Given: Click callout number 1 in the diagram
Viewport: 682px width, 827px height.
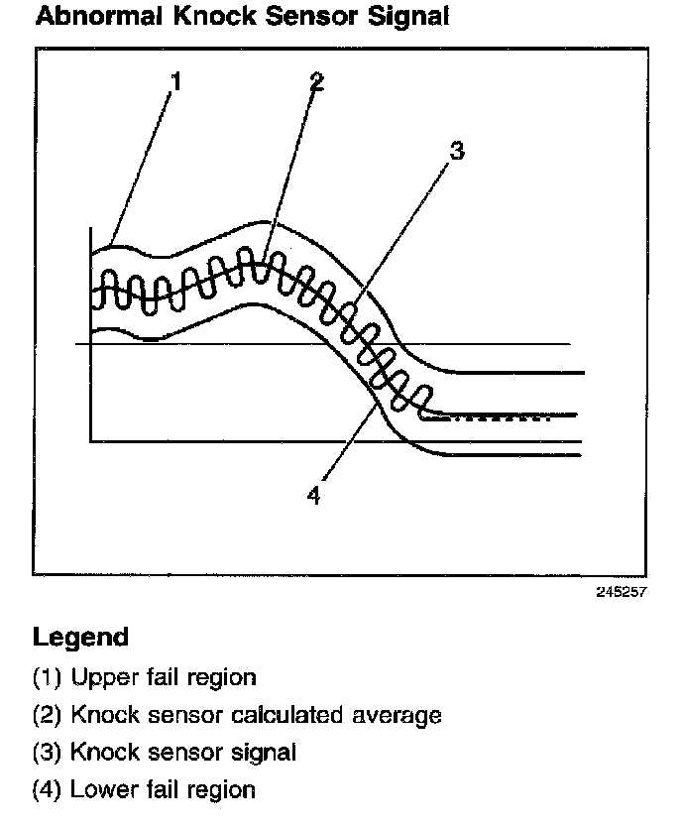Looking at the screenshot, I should (x=176, y=83).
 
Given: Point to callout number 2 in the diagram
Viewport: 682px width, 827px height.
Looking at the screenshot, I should (x=316, y=82).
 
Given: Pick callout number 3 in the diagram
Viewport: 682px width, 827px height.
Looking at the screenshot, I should (x=456, y=152).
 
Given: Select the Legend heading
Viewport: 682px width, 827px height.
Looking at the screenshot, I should (x=80, y=637).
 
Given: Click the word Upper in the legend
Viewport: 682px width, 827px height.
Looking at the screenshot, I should (x=103, y=678).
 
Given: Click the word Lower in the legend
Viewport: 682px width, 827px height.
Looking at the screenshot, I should (x=103, y=790).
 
